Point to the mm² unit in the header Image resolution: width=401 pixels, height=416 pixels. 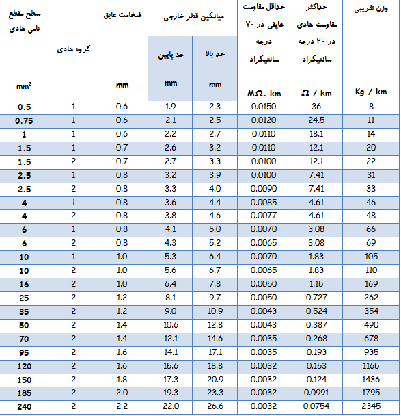tap(24, 86)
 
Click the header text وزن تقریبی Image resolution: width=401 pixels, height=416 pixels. tap(371, 10)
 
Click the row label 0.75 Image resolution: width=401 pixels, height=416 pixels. tap(24, 120)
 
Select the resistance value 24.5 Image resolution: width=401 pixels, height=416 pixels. tap(316, 120)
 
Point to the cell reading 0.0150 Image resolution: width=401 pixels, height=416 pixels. tap(264, 107)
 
